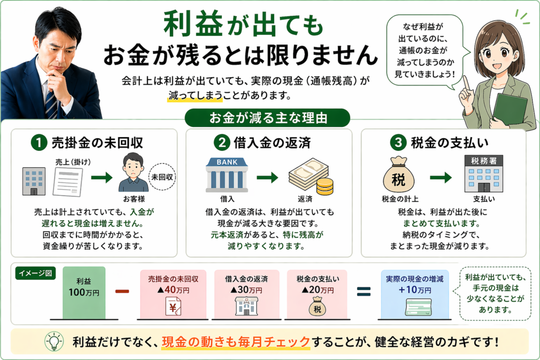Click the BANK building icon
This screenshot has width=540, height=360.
tap(227, 174)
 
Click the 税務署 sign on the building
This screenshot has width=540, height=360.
tap(484, 160)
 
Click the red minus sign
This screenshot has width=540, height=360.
tap(122, 291)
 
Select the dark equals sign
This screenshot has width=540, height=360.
tap(364, 291)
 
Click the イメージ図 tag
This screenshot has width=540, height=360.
tap(36, 274)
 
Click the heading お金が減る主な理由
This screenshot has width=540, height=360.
tap(269, 117)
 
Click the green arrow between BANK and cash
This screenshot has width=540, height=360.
tap(267, 178)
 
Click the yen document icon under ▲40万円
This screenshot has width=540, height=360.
tap(173, 307)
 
